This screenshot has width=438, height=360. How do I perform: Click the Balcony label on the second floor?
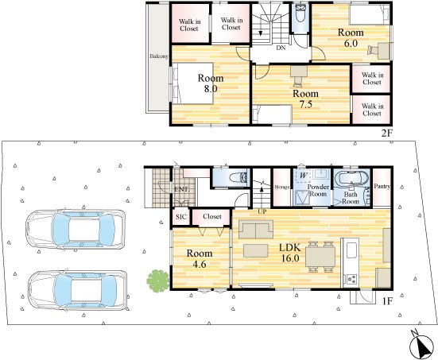(159, 56)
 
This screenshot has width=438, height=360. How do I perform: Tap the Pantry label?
(382, 186)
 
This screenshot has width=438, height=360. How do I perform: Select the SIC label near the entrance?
(181, 217)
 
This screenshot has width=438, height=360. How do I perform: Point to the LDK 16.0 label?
(290, 253)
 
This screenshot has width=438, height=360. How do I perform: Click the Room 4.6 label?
(200, 258)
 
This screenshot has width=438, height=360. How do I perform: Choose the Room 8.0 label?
(211, 83)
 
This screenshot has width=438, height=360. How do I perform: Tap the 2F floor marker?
(387, 134)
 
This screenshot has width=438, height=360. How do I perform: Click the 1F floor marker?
(387, 301)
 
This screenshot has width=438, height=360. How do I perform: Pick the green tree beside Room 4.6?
(158, 281)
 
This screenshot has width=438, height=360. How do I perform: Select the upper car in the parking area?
(76, 230)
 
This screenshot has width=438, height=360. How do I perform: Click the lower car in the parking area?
(77, 290)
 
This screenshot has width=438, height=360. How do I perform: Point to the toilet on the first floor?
(238, 178)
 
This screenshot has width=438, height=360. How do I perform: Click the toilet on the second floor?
(300, 14)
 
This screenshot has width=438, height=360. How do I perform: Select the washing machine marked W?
(304, 176)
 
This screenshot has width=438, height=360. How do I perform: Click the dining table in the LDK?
(320, 257)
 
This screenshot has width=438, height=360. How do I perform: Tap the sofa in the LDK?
(256, 229)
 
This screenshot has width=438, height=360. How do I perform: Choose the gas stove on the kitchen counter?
(351, 279)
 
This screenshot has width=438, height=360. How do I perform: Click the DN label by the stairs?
(281, 48)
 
